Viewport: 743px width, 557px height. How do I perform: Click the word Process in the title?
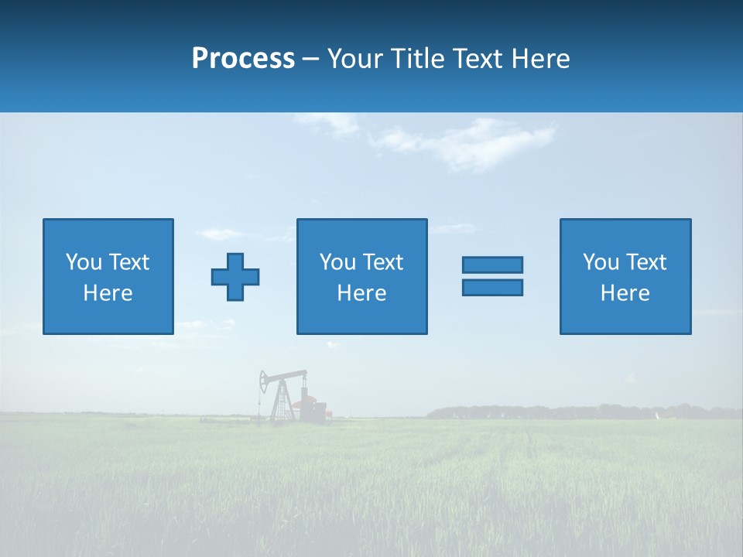click(243, 59)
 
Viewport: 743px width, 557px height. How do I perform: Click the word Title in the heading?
click(419, 59)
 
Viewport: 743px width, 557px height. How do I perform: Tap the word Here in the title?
click(540, 59)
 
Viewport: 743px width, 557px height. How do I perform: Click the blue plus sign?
click(235, 276)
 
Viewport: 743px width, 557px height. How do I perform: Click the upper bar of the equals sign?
click(492, 265)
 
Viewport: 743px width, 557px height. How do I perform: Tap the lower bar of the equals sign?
click(492, 287)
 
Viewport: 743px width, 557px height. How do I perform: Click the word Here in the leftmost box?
click(108, 293)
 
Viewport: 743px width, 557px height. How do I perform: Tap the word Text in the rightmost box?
click(646, 262)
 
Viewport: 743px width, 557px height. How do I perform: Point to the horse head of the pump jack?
click(265, 379)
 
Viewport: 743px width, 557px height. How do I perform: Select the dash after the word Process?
click(310, 60)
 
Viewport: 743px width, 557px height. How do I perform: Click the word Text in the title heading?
click(478, 59)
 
